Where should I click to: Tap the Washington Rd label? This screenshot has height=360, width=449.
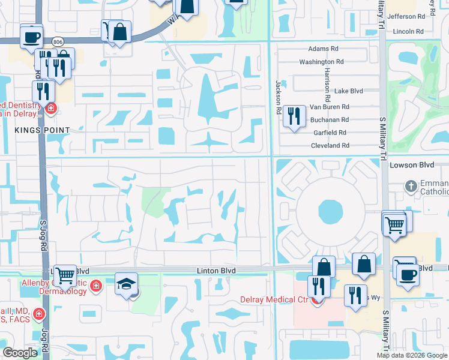tap(321, 62)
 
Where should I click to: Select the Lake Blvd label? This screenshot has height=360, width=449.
tap(349, 91)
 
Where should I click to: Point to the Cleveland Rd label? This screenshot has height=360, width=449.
tap(330, 146)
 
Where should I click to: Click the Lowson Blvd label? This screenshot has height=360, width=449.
tap(411, 164)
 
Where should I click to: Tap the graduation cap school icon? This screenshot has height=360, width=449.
tap(127, 284)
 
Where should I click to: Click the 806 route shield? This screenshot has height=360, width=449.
tap(57, 41)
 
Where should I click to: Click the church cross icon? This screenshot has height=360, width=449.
tap(411, 185)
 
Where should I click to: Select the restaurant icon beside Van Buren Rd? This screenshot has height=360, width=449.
tap(294, 115)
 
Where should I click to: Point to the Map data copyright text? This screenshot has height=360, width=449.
tap(412, 355)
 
